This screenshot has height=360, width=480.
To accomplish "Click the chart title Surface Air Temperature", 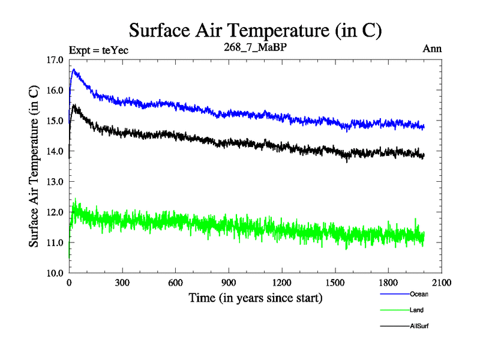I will click(255, 29).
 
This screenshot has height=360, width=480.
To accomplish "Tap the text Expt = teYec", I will click(98, 50).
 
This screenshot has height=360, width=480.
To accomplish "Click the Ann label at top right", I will click(432, 49).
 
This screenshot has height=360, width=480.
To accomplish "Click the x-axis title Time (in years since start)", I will click(255, 298).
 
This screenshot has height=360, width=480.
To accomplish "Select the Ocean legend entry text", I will click(419, 294).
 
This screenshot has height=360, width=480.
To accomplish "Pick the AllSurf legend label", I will click(419, 326).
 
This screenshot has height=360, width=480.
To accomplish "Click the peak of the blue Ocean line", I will click(74, 70).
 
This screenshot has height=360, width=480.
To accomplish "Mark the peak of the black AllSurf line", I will click(74, 105).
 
